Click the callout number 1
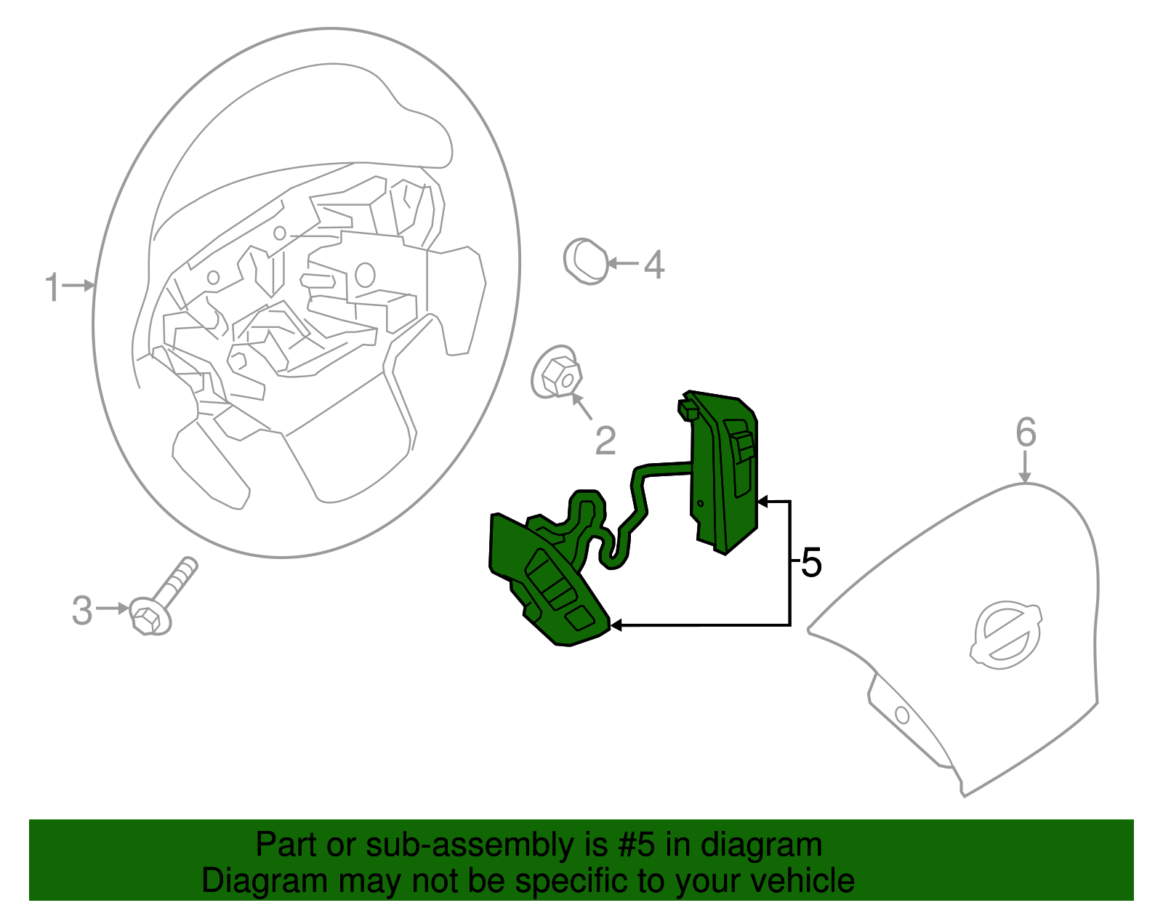[x=52, y=287]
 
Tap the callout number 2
[x=605, y=441]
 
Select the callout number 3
[x=82, y=610]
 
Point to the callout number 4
[x=654, y=265]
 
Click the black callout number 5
[x=811, y=563]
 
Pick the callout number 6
[x=1026, y=433]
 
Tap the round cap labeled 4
[x=586, y=261]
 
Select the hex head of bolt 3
[x=148, y=617]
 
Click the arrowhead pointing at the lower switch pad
[x=616, y=625]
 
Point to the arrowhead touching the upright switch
[x=762, y=502]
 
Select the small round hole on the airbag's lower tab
[x=902, y=715]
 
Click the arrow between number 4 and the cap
[x=622, y=263]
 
